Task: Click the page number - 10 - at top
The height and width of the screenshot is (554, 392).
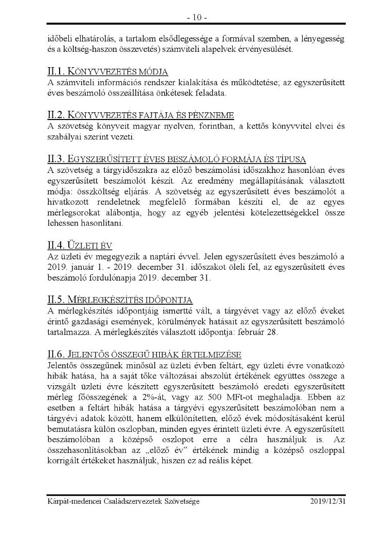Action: (196, 18)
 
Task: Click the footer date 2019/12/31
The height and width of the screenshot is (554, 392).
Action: (328, 501)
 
